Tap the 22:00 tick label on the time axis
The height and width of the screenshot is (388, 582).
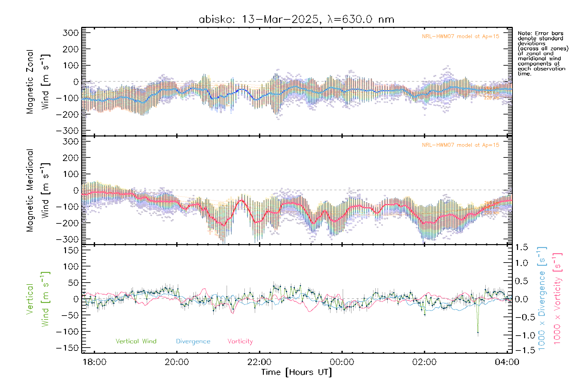point(259,362)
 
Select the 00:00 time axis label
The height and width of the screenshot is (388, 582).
point(342,362)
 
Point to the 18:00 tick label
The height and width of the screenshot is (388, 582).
point(94,362)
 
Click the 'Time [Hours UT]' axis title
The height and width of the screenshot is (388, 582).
point(296,372)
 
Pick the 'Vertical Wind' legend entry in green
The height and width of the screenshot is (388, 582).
point(136,341)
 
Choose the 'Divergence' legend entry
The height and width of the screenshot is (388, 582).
point(193,341)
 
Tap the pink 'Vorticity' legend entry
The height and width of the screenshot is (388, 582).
point(240,341)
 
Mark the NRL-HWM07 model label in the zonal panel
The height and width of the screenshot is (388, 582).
point(460,36)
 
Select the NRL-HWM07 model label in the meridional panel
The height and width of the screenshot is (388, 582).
point(460,145)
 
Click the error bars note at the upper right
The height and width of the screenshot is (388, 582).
point(543,53)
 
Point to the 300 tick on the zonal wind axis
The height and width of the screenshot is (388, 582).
point(71,33)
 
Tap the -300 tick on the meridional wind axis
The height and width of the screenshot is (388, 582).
point(67,239)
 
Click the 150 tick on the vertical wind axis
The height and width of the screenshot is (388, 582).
point(71,250)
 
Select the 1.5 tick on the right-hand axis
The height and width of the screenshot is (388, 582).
point(522,247)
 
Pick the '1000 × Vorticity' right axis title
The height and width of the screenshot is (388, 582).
point(557,298)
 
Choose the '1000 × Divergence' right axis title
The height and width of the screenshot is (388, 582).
point(542,298)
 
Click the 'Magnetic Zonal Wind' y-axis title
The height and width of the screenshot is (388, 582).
point(38,81)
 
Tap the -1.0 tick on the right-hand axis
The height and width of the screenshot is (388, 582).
point(522,335)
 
